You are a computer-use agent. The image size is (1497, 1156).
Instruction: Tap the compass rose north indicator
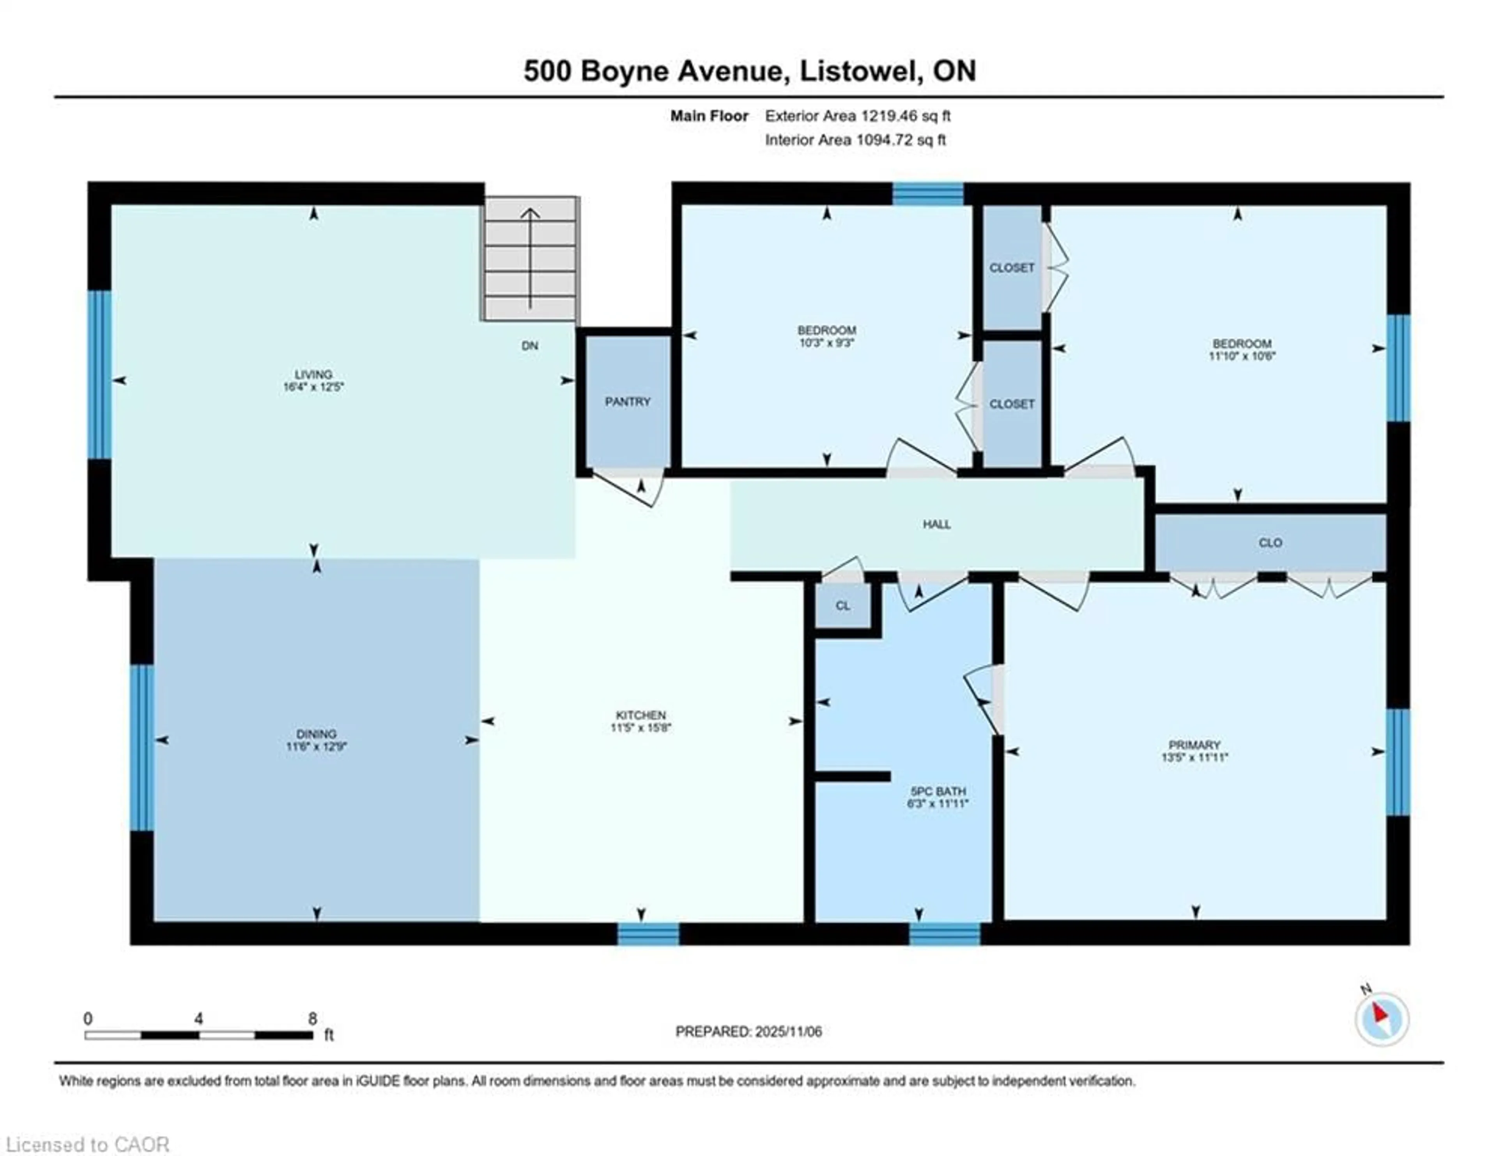[x=1382, y=1019]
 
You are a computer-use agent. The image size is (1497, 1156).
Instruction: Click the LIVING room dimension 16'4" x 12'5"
[x=313, y=387]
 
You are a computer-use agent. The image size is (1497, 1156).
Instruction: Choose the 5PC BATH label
[x=937, y=791]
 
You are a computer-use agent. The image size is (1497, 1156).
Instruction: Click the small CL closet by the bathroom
[x=842, y=605]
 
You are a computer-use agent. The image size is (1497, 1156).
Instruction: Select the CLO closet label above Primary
[x=1270, y=543]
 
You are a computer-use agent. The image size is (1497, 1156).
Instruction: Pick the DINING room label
[x=316, y=734]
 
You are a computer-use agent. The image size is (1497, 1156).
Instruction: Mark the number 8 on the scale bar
[x=313, y=1018]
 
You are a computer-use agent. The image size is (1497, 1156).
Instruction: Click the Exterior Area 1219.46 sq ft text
[x=858, y=116]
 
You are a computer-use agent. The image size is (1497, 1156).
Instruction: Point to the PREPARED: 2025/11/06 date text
[x=748, y=1031]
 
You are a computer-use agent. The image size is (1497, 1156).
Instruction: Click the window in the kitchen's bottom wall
[x=648, y=934]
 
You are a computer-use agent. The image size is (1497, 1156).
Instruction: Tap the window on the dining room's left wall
[x=142, y=747]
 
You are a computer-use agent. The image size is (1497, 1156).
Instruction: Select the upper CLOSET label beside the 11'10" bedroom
[x=1012, y=268]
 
